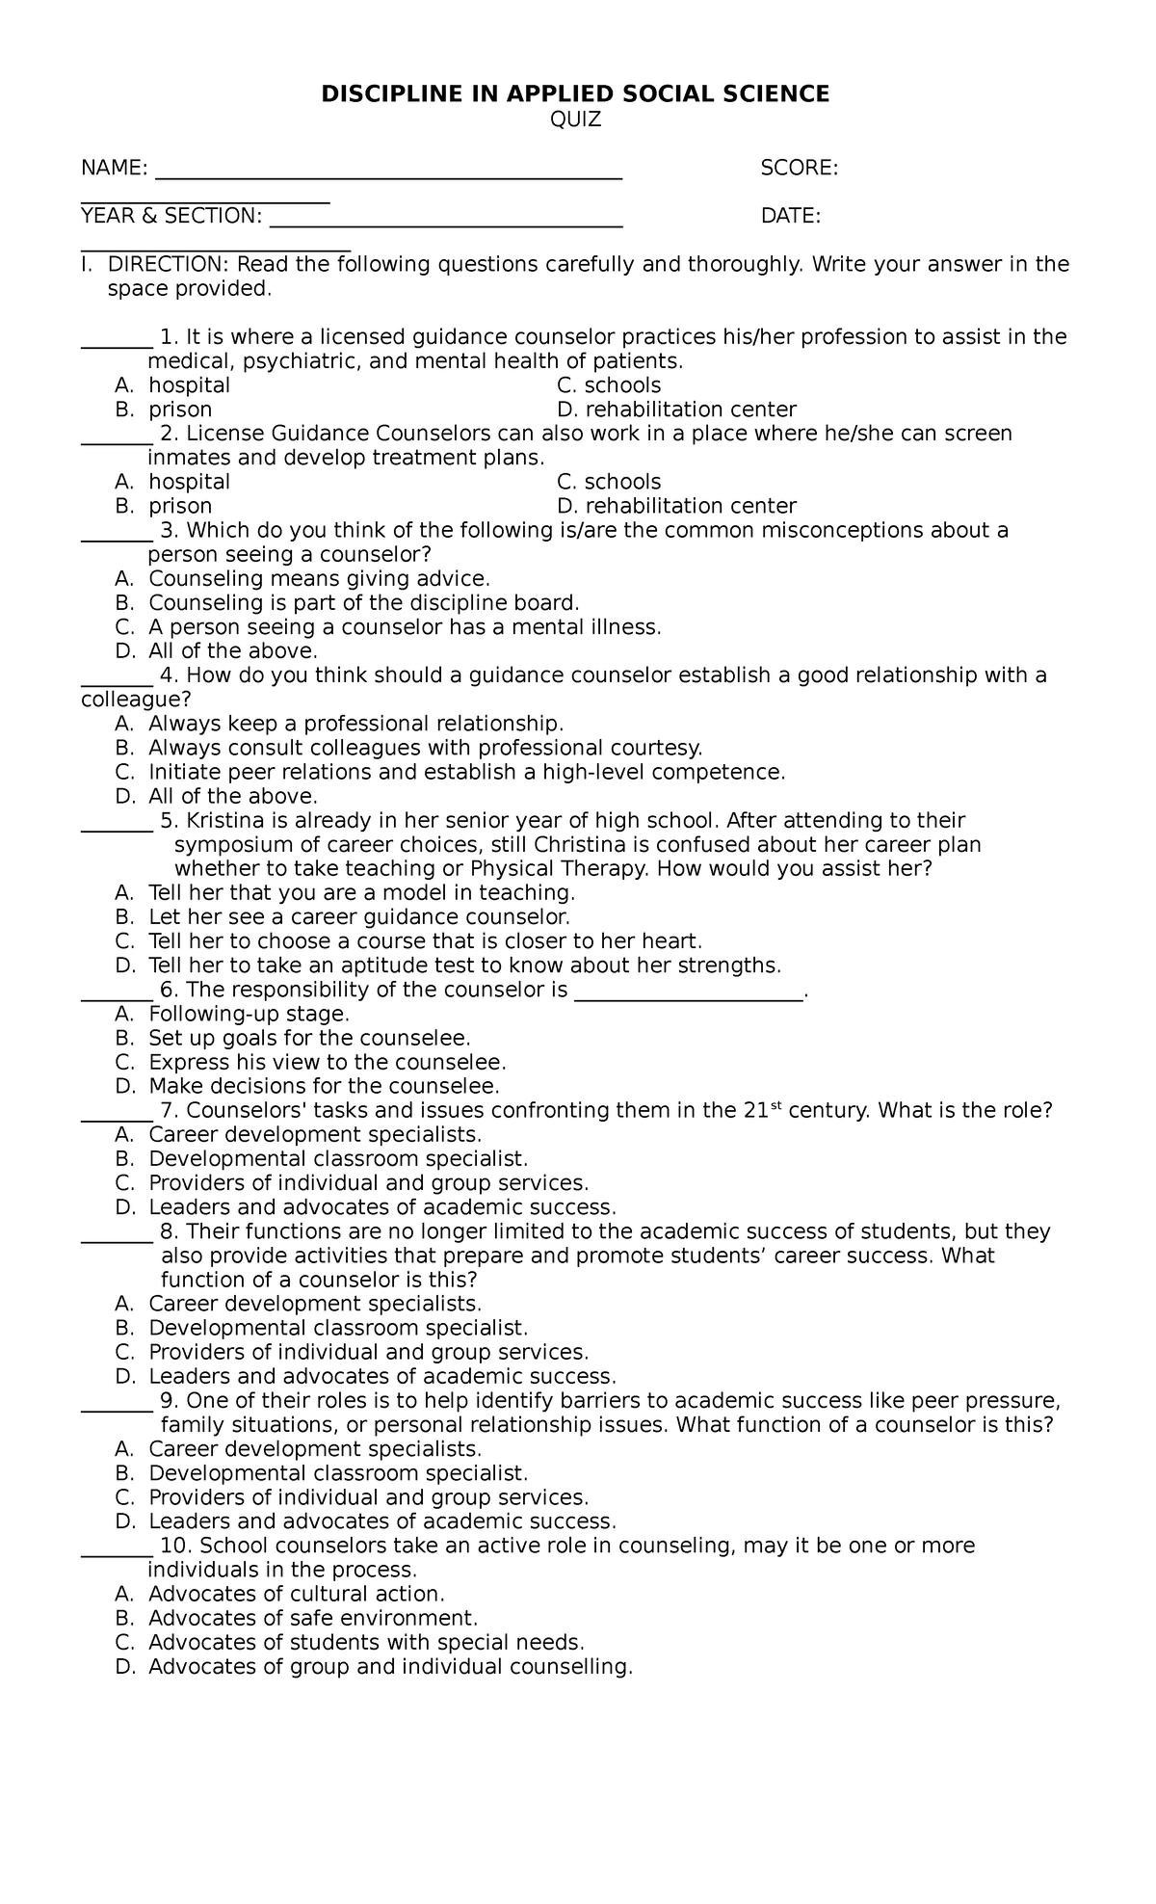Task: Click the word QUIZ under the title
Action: [575, 119]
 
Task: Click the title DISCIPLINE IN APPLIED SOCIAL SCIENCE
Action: [575, 93]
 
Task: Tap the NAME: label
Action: [114, 169]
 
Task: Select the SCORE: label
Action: [799, 169]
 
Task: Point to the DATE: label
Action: [790, 216]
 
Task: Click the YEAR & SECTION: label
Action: [171, 216]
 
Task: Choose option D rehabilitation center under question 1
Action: [676, 410]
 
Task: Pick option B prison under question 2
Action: [179, 506]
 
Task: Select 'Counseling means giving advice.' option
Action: [319, 579]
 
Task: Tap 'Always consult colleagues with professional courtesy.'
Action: [425, 748]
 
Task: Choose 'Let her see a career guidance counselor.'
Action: [358, 917]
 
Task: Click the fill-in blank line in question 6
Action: [688, 996]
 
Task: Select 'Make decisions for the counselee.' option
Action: [324, 1086]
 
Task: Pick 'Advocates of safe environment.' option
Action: [312, 1618]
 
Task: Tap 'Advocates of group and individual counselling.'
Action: [390, 1666]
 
